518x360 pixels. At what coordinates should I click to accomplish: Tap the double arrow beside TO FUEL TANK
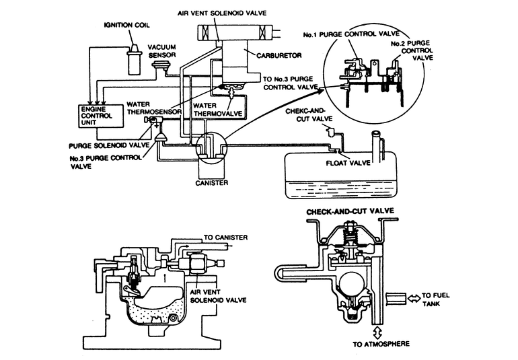tap(412, 295)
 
